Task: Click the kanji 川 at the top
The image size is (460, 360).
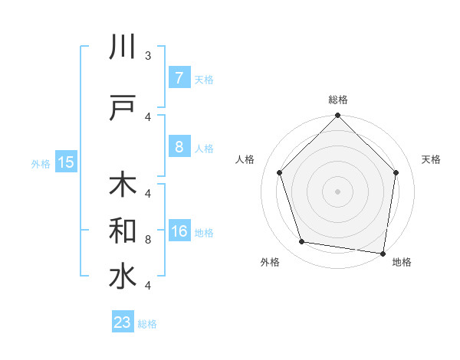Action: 123,47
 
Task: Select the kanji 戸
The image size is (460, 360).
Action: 123,108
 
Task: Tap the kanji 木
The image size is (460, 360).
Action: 123,185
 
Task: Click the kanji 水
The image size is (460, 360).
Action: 123,277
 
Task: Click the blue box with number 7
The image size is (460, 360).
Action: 179,78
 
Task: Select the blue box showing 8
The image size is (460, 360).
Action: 179,147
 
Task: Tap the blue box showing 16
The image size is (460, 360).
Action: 179,231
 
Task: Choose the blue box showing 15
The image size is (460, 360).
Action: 65,162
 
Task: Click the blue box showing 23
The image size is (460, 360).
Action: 123,322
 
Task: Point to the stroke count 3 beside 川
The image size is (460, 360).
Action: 148,56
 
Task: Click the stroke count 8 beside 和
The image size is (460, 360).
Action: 148,240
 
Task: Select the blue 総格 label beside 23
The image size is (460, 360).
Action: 147,324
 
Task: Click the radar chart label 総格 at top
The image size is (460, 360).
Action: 338,100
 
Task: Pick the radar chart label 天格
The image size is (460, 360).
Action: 432,159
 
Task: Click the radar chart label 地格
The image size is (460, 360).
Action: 402,262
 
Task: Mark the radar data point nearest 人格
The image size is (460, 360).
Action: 279,172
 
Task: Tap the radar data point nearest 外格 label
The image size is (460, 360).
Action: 302,242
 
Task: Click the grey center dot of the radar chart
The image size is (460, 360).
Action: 338,191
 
